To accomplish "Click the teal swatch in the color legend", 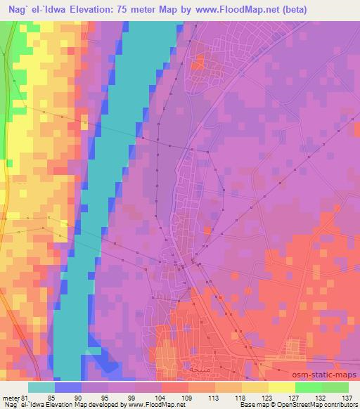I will pos(41,387).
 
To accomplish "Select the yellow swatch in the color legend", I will pos(281,387).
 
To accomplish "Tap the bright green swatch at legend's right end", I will pos(335,387).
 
